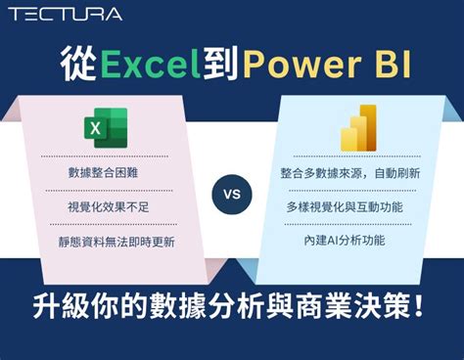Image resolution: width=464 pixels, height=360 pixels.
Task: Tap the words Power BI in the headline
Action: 327,66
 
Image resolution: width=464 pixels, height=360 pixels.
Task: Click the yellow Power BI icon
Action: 358,127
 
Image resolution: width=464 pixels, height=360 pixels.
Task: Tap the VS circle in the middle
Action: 232,194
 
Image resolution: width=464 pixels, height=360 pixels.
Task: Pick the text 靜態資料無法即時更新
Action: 115,242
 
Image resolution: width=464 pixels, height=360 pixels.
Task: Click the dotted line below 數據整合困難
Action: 106,190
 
